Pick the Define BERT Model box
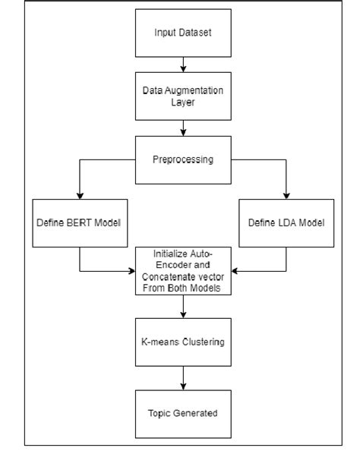click(79, 222)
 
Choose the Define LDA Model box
click(286, 222)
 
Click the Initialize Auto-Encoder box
click(182, 270)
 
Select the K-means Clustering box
click(182, 342)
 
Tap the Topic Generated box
click(182, 413)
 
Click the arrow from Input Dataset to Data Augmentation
click(182, 65)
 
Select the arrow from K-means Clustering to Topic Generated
click(182, 377)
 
